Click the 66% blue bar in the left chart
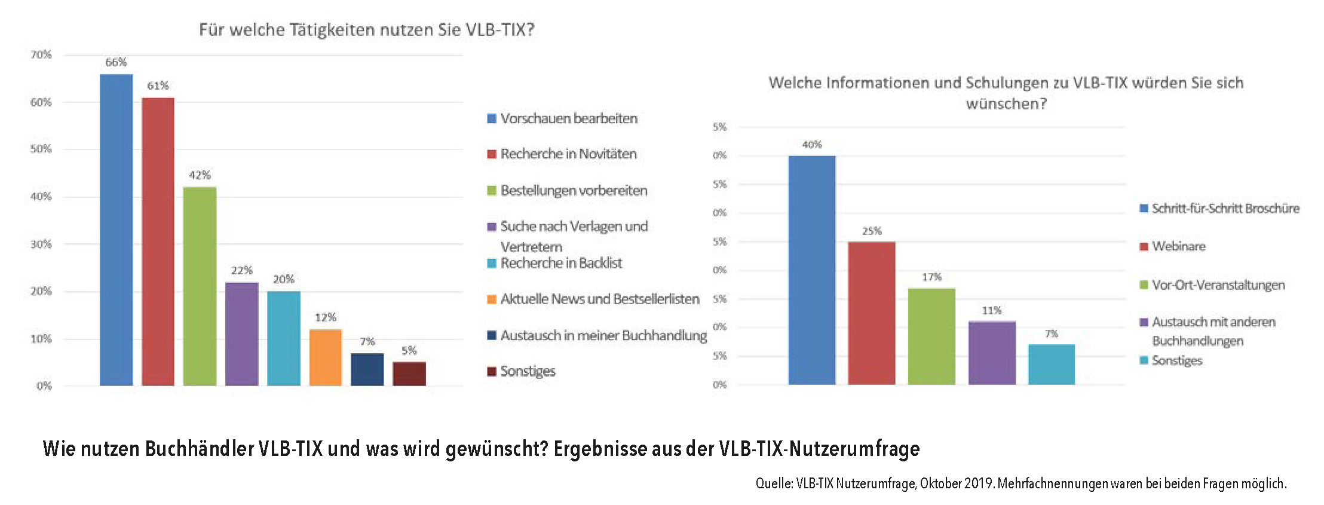[x=116, y=230]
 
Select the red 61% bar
[x=158, y=241]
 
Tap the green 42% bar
[x=200, y=286]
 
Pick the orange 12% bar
[x=326, y=357]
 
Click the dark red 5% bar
[x=409, y=374]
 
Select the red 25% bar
[x=872, y=313]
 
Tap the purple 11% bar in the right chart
[x=992, y=353]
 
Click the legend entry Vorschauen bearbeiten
[x=568, y=118]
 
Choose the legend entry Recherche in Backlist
[x=560, y=263]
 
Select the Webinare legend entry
[x=1178, y=246]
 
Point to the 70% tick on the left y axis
[x=41, y=55]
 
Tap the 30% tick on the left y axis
[x=41, y=244]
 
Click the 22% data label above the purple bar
[x=242, y=271]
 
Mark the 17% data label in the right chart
[x=931, y=277]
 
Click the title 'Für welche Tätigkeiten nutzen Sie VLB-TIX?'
[x=366, y=30]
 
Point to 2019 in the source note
[x=978, y=483]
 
